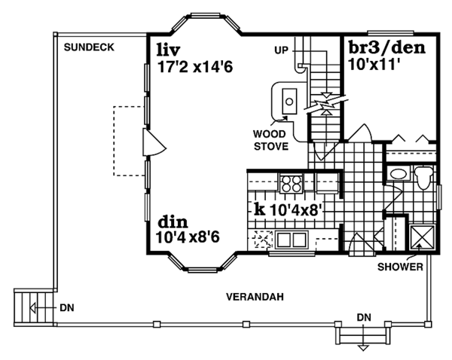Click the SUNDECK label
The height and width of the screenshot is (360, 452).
pos(89,47)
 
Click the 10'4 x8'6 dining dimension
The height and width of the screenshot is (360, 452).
pos(191,238)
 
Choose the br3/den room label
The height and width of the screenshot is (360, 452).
pos(387,49)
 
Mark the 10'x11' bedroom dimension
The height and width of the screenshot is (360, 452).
pos(374,66)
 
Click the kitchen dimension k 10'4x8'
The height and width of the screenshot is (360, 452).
pos(289,209)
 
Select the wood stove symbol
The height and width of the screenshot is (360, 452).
pos(289,99)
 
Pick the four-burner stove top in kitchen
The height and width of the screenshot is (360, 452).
pos(290,182)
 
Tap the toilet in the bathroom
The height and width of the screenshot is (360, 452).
pos(423,178)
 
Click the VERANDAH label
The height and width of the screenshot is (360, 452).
pos(255,297)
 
